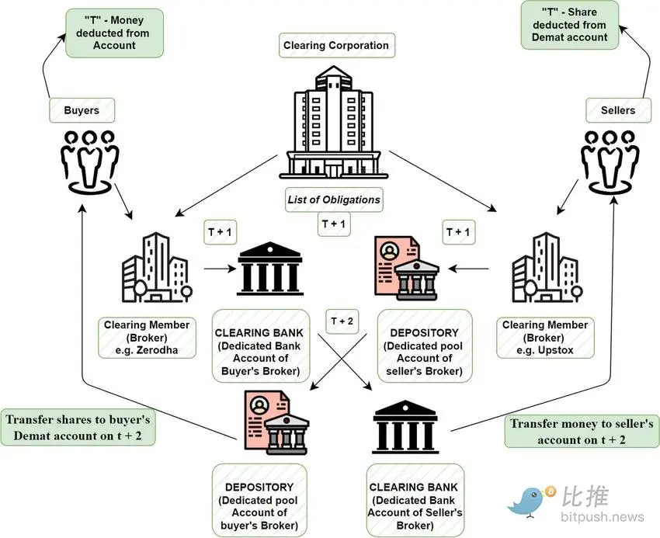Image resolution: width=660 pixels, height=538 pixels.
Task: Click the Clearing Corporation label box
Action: tap(335, 45)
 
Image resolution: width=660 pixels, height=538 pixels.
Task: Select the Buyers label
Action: tap(81, 110)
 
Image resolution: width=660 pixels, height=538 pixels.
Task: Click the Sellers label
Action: tap(617, 110)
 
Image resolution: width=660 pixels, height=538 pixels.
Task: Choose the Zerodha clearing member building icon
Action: tap(155, 267)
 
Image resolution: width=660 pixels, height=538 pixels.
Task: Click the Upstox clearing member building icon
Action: tap(543, 268)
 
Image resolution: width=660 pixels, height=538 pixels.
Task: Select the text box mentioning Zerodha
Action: tap(147, 338)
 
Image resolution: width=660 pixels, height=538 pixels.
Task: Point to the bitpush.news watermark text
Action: tap(600, 516)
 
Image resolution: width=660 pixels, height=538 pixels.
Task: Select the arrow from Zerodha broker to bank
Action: tap(220, 270)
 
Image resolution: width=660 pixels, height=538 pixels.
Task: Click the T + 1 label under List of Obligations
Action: tap(335, 224)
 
